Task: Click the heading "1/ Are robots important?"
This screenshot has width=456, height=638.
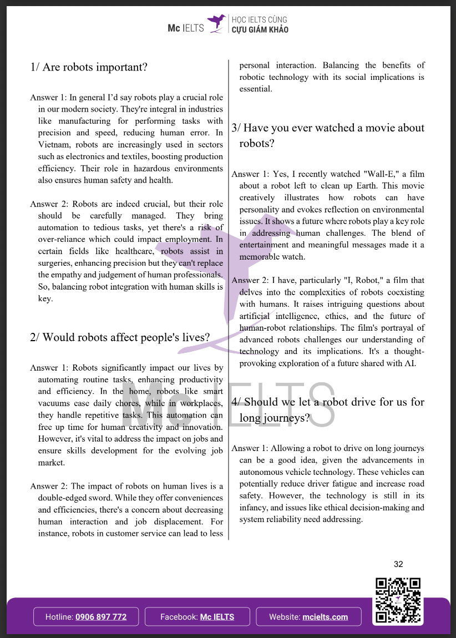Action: click(x=89, y=68)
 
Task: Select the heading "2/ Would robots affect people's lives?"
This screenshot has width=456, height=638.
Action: click(x=120, y=337)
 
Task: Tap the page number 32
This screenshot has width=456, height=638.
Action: click(x=398, y=564)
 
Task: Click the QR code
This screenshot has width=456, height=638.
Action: click(x=398, y=600)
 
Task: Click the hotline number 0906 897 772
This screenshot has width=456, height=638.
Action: click(x=101, y=617)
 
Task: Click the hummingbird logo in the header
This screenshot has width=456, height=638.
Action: click(x=216, y=24)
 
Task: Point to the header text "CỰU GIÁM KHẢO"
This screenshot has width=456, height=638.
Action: click(x=260, y=30)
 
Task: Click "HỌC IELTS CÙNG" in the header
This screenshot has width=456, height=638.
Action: click(x=260, y=18)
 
